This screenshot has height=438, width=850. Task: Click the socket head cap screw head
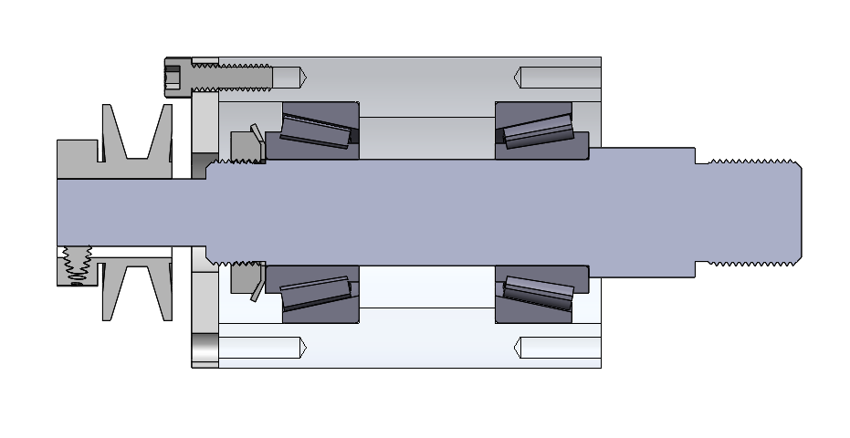coord(177,78)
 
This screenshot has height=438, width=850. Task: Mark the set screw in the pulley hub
coord(72,266)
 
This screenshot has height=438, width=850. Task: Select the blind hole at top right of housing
coord(557,78)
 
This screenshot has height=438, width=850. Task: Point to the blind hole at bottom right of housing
coord(557,348)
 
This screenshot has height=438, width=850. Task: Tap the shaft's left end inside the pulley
coord(91,213)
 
